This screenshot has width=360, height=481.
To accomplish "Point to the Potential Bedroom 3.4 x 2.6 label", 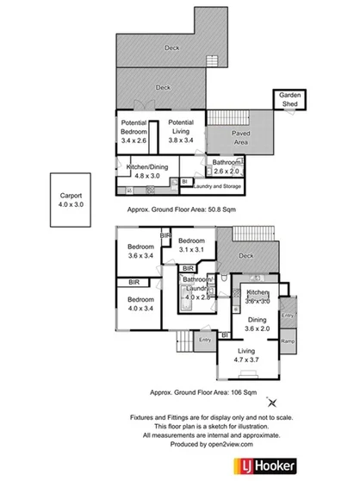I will pos(137,131).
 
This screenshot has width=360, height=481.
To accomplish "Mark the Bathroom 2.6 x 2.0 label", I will pos(227,166).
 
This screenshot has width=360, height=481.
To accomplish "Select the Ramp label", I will pos(288,344).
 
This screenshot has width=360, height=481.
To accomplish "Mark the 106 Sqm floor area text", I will pos(203,390).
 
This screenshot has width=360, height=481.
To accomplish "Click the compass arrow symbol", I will pos(273,402).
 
